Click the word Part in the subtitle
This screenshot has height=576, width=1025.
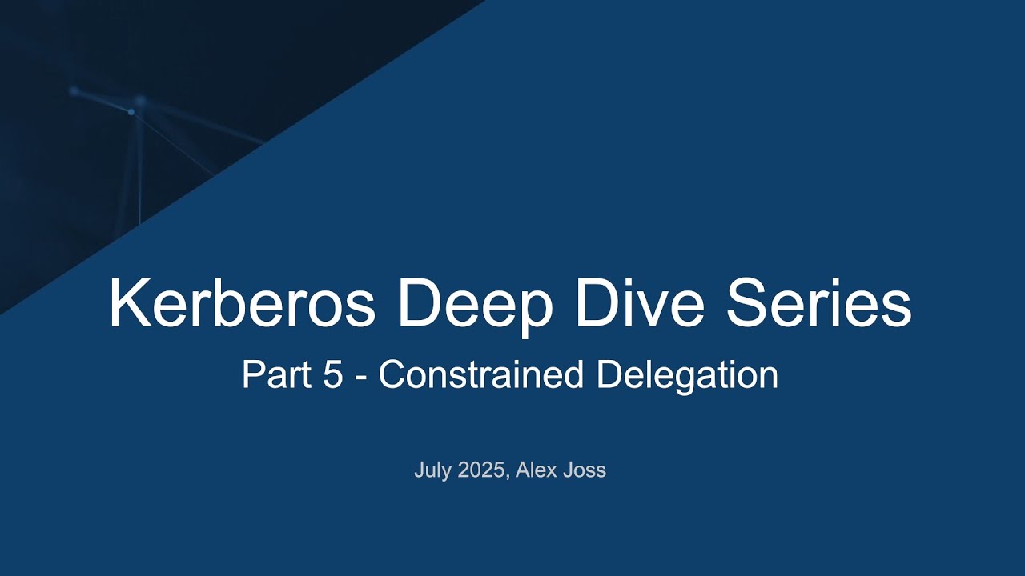pyautogui.click(x=276, y=375)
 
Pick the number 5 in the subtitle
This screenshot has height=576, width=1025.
pyautogui.click(x=333, y=375)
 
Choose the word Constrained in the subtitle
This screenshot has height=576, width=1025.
pyautogui.click(x=481, y=375)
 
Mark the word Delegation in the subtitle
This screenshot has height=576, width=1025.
pyautogui.click(x=687, y=375)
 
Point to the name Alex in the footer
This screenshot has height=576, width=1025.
pyautogui.click(x=535, y=470)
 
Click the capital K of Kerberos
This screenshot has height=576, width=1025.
pyautogui.click(x=128, y=304)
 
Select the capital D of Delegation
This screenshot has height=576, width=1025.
pyautogui.click(x=607, y=375)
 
